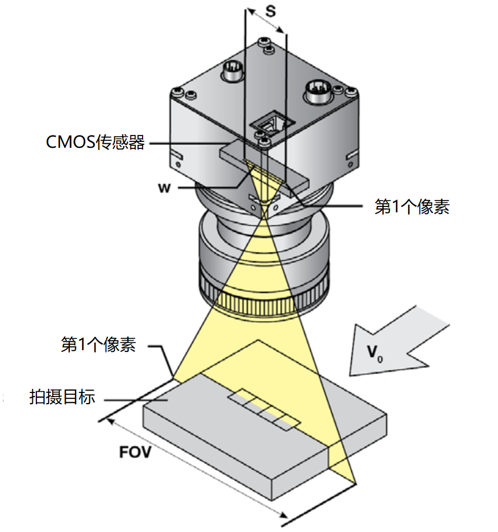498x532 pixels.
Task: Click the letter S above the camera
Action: click(x=270, y=11)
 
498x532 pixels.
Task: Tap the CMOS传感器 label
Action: click(x=95, y=143)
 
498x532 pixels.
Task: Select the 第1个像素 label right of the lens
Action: click(x=412, y=206)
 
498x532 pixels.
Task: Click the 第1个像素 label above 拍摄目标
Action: click(x=99, y=345)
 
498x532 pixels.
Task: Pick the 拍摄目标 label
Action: click(x=62, y=397)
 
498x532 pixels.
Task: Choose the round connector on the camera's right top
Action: click(x=317, y=92)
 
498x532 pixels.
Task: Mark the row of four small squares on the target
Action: click(x=265, y=408)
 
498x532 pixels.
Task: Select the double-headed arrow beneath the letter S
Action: click(x=266, y=21)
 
